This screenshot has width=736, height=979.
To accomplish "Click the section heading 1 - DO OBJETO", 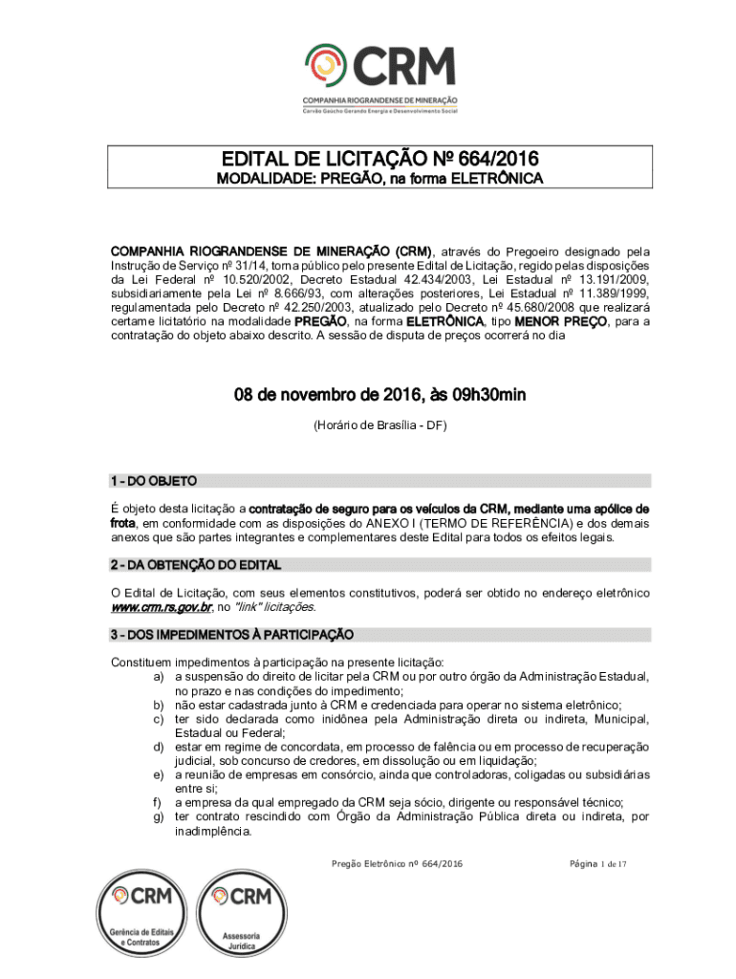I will click(154, 480).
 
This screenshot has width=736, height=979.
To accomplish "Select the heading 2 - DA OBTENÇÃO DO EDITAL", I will click(196, 565).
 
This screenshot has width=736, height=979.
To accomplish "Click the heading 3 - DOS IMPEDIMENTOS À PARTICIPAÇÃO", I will click(232, 634).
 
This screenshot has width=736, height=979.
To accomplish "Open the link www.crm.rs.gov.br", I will click(161, 607).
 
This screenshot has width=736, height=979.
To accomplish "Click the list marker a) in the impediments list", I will click(158, 676).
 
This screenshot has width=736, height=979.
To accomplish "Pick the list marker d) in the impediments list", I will click(158, 747).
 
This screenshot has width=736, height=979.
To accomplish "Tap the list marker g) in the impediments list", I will click(158, 817).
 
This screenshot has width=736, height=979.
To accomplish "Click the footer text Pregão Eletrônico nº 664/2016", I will click(397, 863).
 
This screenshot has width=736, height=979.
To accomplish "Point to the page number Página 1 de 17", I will click(597, 863).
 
